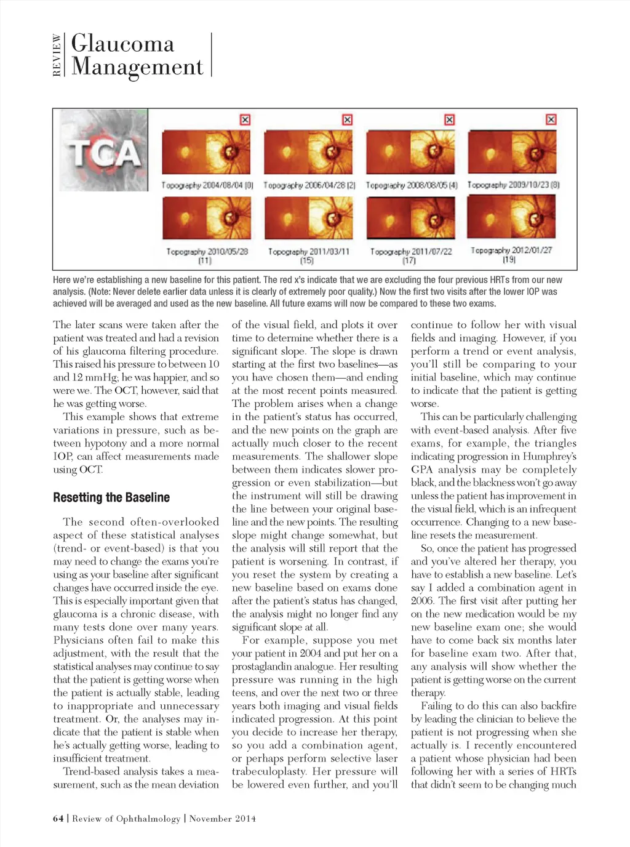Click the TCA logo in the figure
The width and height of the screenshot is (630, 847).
click(103, 150)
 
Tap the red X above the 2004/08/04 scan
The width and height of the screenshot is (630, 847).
click(245, 119)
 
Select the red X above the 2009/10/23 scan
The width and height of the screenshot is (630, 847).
click(551, 119)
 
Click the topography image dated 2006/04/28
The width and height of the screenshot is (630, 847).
click(308, 152)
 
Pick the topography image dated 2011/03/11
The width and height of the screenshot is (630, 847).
click(308, 218)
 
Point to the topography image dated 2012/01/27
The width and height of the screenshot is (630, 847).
click(511, 217)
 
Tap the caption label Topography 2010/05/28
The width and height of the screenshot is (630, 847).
click(207, 252)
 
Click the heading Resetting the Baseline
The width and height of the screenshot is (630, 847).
click(111, 497)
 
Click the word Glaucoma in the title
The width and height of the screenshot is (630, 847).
click(122, 44)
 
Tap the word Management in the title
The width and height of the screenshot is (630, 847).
click(137, 66)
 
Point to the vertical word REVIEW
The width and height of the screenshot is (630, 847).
click(57, 55)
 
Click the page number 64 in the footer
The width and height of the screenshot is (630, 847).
click(58, 818)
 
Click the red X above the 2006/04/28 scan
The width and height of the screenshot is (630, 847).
click(347, 119)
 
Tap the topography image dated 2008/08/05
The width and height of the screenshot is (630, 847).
click(410, 152)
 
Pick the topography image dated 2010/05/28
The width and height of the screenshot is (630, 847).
click(206, 218)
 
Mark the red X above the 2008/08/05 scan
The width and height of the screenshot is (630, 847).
click(449, 119)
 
